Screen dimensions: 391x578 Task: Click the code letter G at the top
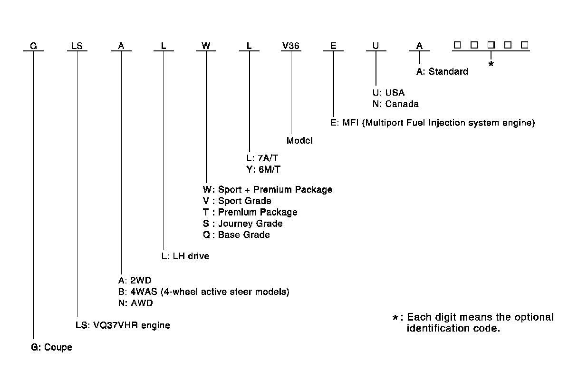click(x=33, y=46)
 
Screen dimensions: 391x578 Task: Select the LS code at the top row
click(x=77, y=46)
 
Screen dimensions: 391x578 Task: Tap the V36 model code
click(x=290, y=46)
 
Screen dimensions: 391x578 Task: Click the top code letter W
click(x=205, y=46)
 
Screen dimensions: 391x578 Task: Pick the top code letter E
click(x=333, y=46)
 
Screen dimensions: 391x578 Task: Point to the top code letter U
click(x=376, y=46)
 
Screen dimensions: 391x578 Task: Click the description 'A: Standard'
click(x=442, y=72)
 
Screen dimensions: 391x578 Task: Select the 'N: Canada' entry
click(x=395, y=104)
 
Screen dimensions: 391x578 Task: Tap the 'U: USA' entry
click(x=388, y=93)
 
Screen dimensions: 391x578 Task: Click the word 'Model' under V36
click(x=299, y=141)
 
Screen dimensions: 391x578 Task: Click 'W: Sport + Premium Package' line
click(x=267, y=189)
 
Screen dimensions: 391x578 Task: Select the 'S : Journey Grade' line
click(x=242, y=224)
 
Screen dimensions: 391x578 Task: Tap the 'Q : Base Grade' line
click(x=236, y=235)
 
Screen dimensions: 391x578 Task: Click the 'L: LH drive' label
click(x=185, y=256)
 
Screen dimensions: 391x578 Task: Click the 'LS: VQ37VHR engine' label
click(x=123, y=326)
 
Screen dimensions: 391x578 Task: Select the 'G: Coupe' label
click(x=52, y=348)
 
